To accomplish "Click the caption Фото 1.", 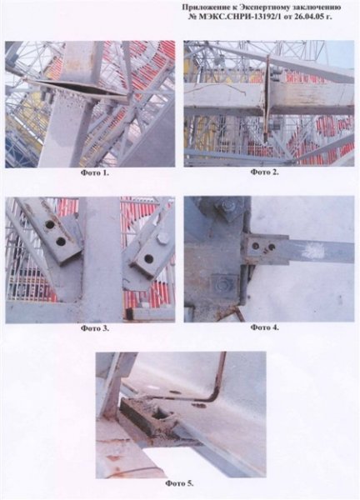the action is pyautogui.click(x=94, y=172).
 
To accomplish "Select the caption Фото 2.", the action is pyautogui.click(x=264, y=172).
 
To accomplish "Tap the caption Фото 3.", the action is pyautogui.click(x=94, y=327).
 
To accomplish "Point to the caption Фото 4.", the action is pyautogui.click(x=264, y=327).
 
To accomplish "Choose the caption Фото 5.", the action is pyautogui.click(x=179, y=483).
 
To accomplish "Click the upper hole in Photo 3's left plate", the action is pyautogui.click(x=50, y=225).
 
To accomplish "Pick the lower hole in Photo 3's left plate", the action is pyautogui.click(x=61, y=242).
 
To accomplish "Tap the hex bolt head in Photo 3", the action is pyautogui.click(x=163, y=238).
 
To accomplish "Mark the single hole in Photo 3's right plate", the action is pyautogui.click(x=148, y=258).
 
